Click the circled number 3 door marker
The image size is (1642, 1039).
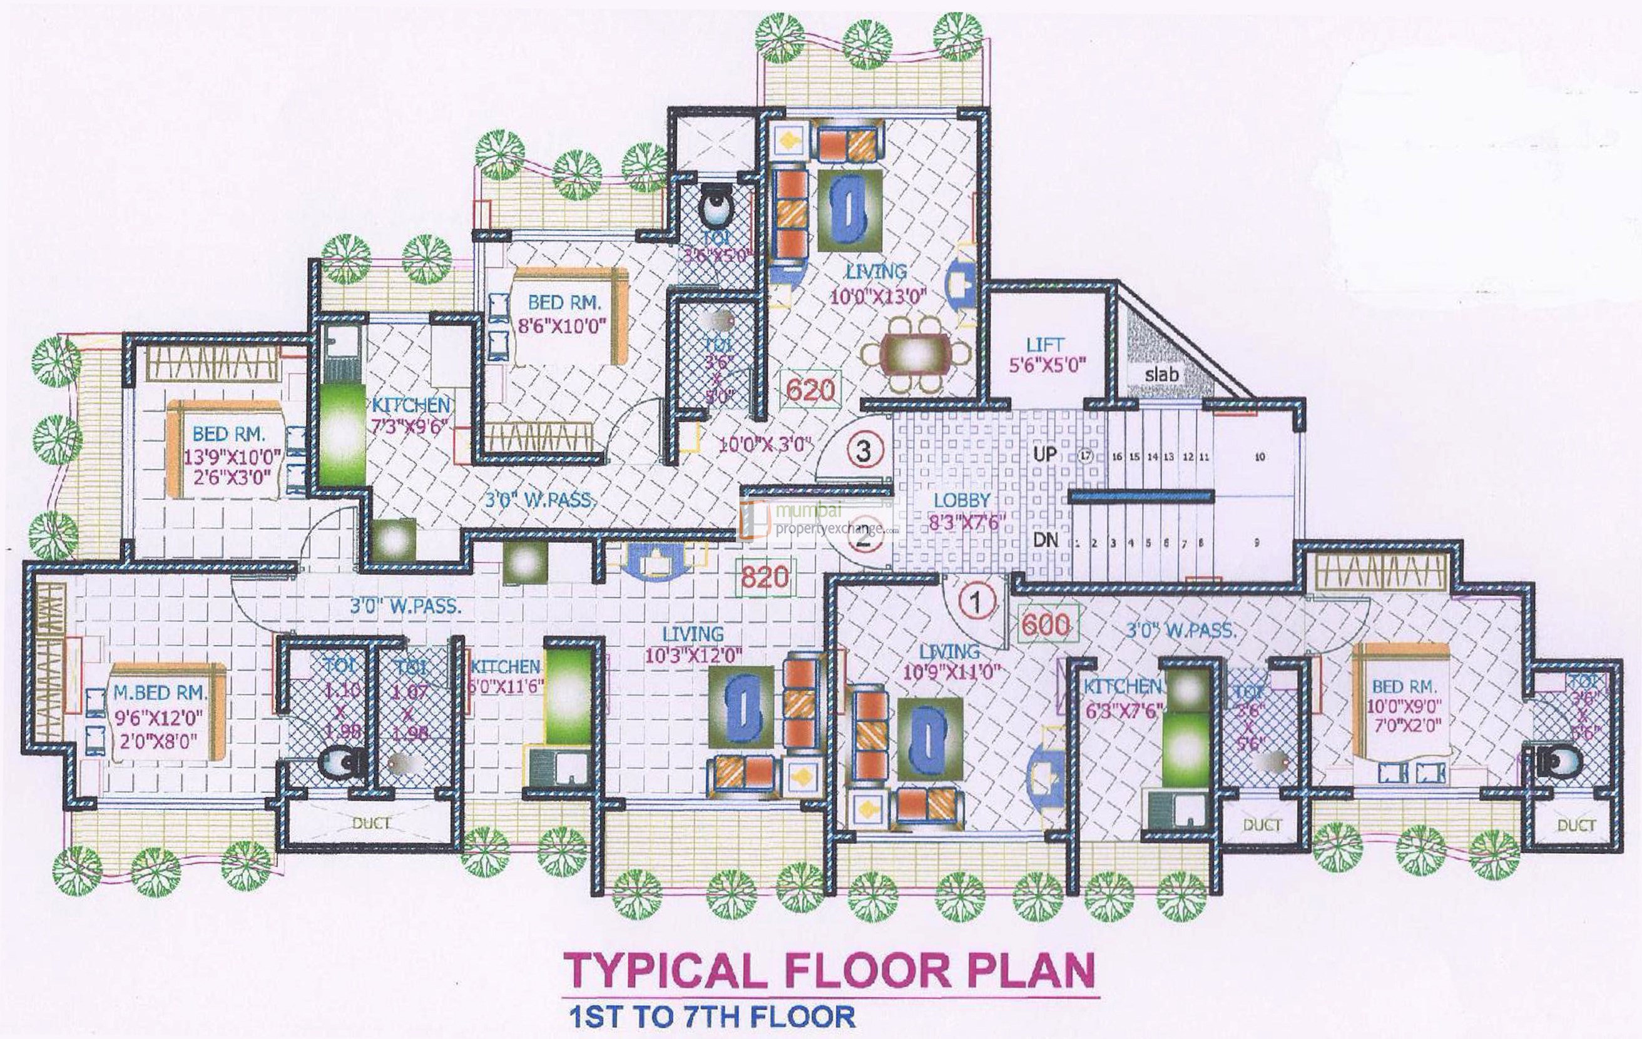[864, 450]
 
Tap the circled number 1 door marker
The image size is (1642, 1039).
[976, 602]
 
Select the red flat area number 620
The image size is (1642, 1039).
[810, 390]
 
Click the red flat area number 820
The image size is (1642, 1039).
[765, 577]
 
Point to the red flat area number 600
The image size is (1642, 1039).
[1046, 624]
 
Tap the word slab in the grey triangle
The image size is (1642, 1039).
[1161, 373]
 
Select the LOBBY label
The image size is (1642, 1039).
[961, 500]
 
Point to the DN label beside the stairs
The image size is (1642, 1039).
[1046, 540]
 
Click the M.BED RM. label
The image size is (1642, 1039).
[160, 692]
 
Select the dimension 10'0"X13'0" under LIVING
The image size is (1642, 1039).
[877, 296]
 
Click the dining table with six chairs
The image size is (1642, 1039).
[915, 355]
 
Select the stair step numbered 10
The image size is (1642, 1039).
[1260, 457]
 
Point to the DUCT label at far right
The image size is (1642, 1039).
[1576, 825]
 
